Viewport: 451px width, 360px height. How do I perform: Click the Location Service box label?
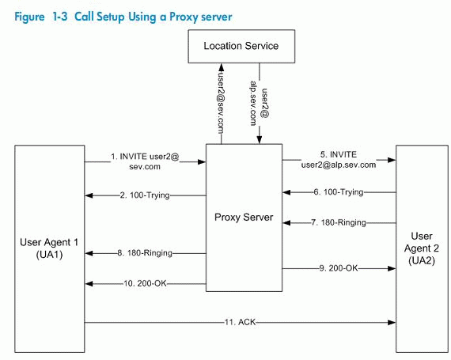[x=241, y=46]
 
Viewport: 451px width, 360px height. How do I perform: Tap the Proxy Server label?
[x=244, y=217]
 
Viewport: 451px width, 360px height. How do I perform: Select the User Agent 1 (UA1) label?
[x=49, y=248]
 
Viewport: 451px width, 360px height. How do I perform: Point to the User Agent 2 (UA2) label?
[x=422, y=248]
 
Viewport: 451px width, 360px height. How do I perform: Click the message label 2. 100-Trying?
[x=145, y=195]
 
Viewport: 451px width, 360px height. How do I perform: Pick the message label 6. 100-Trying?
[x=339, y=191]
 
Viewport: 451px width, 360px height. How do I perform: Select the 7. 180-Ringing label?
[x=339, y=222]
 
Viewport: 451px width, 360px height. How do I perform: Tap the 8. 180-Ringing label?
[x=145, y=253]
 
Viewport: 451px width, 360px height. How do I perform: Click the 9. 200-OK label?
[x=339, y=268]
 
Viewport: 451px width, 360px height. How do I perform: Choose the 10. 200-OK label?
[x=145, y=283]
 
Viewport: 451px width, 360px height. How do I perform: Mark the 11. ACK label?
[x=240, y=322]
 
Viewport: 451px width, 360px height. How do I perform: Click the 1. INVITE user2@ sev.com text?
[x=145, y=161]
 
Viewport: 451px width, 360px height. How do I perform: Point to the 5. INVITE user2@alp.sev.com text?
[x=339, y=160]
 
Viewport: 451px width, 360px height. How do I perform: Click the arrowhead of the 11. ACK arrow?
[x=392, y=323]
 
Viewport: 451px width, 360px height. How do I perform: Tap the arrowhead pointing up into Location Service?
[x=222, y=67]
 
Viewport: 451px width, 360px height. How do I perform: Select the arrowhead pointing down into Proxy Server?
[x=260, y=139]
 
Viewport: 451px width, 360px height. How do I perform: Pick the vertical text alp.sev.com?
[x=253, y=103]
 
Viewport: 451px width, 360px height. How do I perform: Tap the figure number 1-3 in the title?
[x=60, y=17]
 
